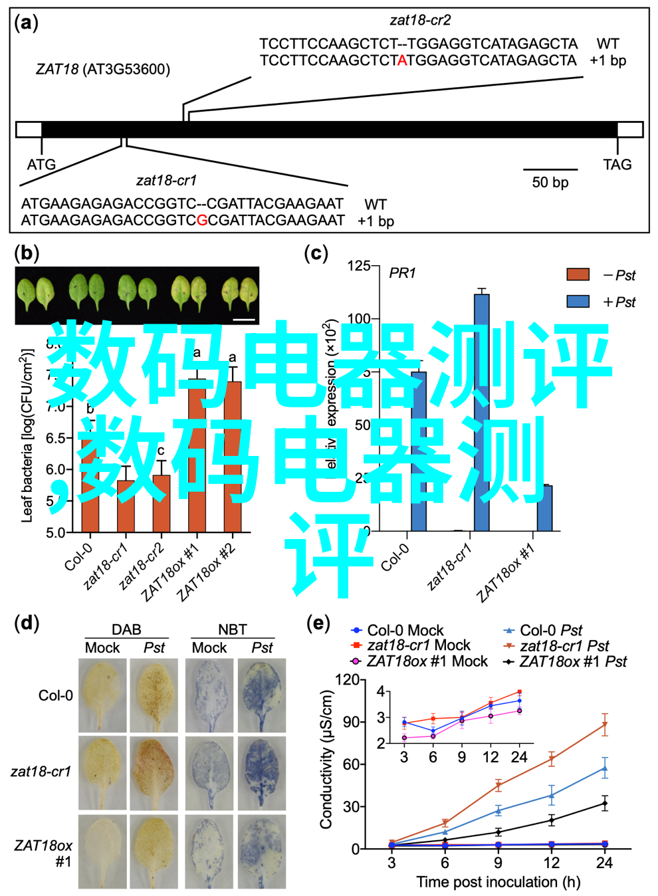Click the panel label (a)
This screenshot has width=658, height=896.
26,24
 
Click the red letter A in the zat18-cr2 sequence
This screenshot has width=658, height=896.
402,61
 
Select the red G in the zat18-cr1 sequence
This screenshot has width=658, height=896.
202,221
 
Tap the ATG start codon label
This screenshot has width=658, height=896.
41,164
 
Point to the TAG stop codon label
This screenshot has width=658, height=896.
617,164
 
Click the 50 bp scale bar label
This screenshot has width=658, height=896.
550,182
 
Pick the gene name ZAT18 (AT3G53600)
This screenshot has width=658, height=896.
103,69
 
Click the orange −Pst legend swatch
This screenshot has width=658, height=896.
578,275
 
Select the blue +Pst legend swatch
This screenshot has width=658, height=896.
578,301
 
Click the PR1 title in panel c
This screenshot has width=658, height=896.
402,273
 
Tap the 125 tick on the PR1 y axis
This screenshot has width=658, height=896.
358,266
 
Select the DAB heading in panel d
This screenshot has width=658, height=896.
126,629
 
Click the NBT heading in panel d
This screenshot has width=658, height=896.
233,629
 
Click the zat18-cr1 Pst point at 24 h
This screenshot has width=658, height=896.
604,725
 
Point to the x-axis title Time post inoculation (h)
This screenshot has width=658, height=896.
498,882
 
